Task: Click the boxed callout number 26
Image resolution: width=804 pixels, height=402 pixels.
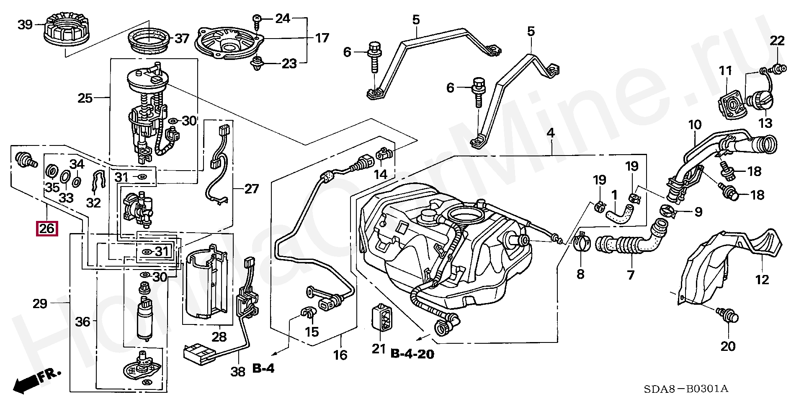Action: [47, 228]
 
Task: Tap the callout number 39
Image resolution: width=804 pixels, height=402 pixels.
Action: [25, 25]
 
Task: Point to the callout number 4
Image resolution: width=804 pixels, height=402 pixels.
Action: [551, 133]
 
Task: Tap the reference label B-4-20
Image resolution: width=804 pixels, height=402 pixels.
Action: [412, 354]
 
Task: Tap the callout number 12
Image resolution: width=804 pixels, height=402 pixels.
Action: [762, 279]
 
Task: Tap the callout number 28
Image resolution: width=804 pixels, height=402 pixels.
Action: [219, 337]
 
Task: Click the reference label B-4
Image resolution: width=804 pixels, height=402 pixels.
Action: [263, 368]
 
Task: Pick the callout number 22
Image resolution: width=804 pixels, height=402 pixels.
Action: [777, 41]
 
